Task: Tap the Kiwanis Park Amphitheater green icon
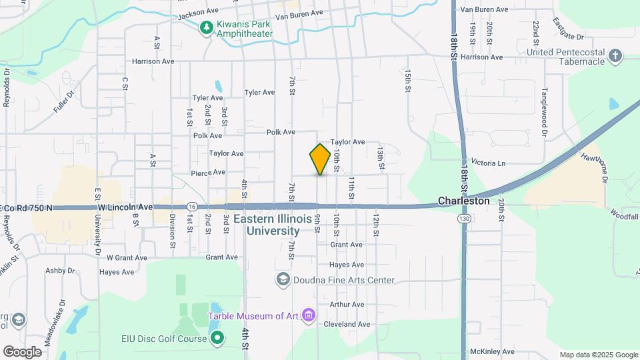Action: [x=207, y=27]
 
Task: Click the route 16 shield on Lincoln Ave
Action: [x=191, y=206]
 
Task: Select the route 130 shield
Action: [x=465, y=219]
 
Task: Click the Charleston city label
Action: [x=464, y=201]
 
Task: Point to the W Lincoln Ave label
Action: [x=125, y=207]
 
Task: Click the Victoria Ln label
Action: [x=489, y=163]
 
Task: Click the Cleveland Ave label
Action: [x=347, y=325]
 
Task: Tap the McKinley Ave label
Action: [x=492, y=351]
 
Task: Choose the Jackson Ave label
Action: [x=199, y=12]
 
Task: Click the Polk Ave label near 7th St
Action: [x=281, y=132]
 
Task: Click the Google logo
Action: [x=23, y=351]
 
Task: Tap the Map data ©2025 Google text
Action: [x=598, y=355]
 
